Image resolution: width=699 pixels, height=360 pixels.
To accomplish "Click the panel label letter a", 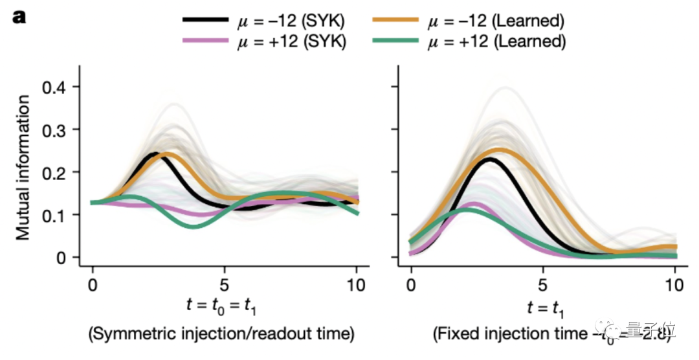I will pyautogui.click(x=19, y=18).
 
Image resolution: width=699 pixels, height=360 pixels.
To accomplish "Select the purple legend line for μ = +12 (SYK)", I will pyautogui.click(x=205, y=41).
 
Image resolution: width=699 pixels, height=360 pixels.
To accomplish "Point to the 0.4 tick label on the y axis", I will pyautogui.click(x=56, y=87).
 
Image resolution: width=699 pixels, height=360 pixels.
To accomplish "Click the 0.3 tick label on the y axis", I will pyautogui.click(x=56, y=129).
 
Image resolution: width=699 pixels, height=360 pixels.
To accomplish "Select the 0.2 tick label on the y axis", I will pyautogui.click(x=56, y=172).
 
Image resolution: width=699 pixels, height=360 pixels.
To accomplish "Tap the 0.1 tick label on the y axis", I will pyautogui.click(x=56, y=215).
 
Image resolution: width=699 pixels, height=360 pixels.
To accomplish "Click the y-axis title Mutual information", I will pyautogui.click(x=24, y=167).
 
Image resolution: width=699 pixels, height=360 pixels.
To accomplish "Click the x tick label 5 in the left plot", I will pyautogui.click(x=225, y=285).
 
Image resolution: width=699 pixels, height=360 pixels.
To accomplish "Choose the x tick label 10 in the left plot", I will pyautogui.click(x=357, y=285).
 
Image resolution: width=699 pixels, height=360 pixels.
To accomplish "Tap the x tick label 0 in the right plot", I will pyautogui.click(x=410, y=285).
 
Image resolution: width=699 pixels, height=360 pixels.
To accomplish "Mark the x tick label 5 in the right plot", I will pyautogui.click(x=542, y=285).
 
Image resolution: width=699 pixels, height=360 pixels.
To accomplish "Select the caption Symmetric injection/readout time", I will pyautogui.click(x=221, y=335).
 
